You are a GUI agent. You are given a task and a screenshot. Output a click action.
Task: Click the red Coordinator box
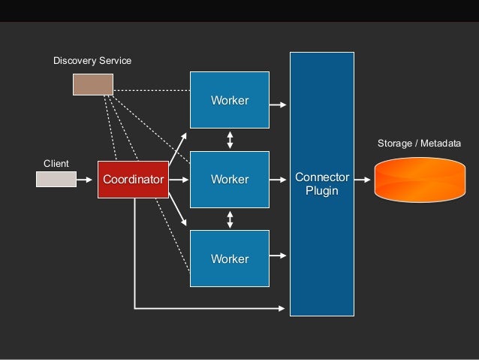click(x=133, y=180)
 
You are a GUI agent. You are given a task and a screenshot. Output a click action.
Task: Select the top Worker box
click(x=229, y=100)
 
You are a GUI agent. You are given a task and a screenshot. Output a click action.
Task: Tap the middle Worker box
click(x=229, y=180)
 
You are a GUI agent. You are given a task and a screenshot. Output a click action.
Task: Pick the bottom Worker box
click(x=229, y=259)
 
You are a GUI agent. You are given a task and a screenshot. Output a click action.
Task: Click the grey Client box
click(x=56, y=179)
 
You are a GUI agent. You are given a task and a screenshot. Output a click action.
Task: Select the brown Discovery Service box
click(x=92, y=84)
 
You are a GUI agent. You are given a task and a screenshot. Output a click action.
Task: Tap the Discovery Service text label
click(x=92, y=60)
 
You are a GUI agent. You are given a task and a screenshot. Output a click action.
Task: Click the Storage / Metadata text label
click(x=419, y=143)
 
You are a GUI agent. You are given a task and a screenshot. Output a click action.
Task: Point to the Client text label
click(x=56, y=163)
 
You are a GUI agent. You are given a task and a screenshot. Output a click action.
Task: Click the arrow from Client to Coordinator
click(x=86, y=180)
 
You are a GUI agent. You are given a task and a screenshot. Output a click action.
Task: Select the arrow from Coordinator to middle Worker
click(x=179, y=180)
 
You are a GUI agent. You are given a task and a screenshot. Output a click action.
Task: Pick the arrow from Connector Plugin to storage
click(x=362, y=180)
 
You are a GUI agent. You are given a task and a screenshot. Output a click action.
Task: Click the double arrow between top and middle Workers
click(x=230, y=140)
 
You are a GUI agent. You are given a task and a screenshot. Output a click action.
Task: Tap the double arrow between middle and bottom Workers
click(x=230, y=219)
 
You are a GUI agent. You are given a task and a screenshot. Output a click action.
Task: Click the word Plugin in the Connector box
click(x=322, y=191)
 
